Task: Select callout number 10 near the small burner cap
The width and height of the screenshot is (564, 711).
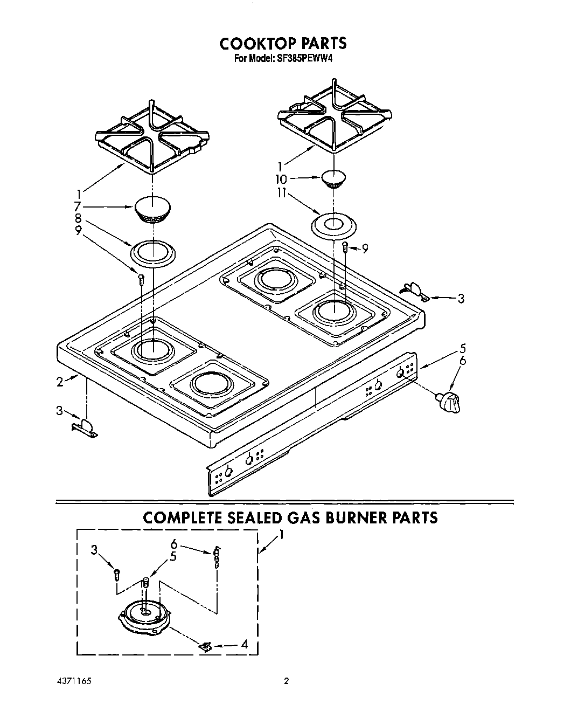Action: click(x=281, y=179)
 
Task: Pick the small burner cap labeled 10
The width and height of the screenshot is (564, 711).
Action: click(x=334, y=178)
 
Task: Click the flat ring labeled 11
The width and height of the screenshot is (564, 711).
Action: click(x=333, y=225)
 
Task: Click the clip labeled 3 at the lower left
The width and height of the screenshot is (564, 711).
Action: click(x=85, y=427)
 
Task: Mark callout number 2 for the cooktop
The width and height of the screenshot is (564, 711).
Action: click(x=61, y=382)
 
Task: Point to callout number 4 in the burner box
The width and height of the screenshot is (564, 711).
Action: click(x=244, y=644)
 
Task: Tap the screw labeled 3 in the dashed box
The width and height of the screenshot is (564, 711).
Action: click(x=116, y=574)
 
